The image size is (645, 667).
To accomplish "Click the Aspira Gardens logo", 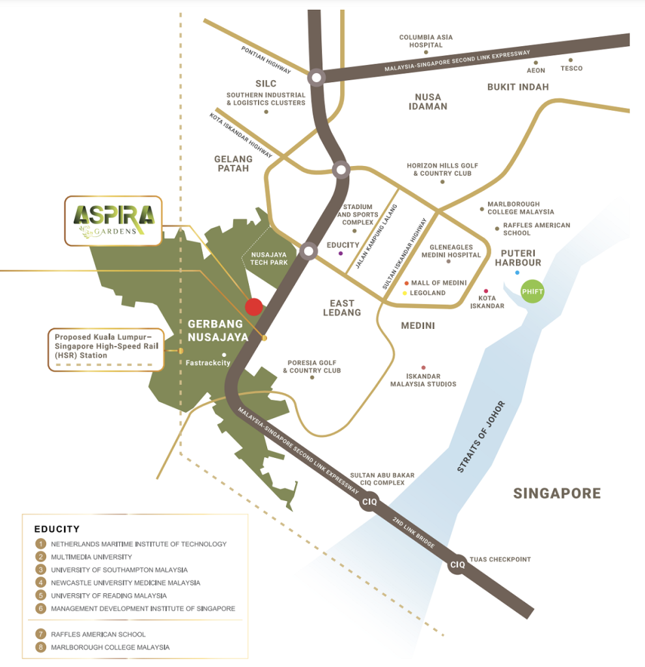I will pos(113,220).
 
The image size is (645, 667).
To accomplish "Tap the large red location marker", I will pos(253,306).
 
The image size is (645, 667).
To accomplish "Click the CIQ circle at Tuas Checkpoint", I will pos(458,565).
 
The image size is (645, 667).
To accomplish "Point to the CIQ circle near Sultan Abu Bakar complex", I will pos(369,503).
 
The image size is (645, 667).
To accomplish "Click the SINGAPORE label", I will pos(556,493).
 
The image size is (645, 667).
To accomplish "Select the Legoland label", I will pos(427,293).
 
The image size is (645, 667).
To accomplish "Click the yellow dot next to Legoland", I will pos(405,293).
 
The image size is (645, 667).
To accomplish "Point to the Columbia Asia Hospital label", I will pos(425,41).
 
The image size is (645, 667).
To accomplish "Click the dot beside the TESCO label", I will pos(571,60).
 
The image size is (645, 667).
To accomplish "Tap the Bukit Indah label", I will pos(518,87).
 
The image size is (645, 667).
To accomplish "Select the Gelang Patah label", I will pos(233,163).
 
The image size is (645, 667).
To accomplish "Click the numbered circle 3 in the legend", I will pos(41,569).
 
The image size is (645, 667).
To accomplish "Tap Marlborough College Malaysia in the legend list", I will pos(110,647).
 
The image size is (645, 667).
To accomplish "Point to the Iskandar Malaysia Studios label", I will pos(423,380).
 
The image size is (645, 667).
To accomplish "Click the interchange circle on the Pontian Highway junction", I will pos(316,78).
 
